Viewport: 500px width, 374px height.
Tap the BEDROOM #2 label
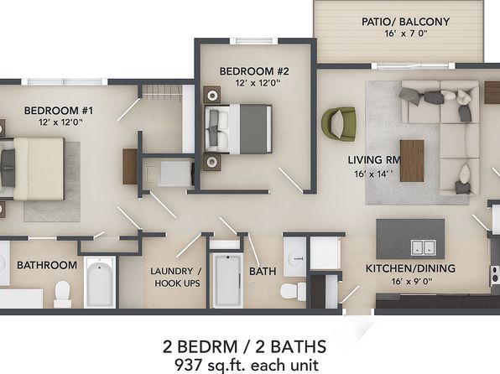tap(254, 71)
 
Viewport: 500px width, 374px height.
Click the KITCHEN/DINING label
tap(409, 268)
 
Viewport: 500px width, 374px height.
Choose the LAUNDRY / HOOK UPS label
tap(176, 278)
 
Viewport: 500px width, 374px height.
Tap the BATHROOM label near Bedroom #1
tap(47, 265)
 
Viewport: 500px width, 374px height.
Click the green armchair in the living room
tap(338, 123)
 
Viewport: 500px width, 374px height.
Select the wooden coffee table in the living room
tap(412, 158)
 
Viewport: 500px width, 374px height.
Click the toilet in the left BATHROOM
tap(61, 292)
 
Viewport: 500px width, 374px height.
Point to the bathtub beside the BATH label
tap(225, 278)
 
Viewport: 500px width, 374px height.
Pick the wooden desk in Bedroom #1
tap(130, 165)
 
